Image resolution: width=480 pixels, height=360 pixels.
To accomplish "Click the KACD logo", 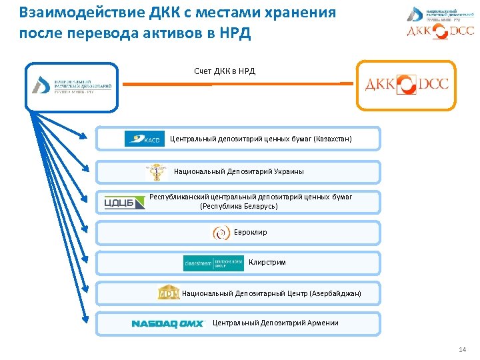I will [144, 139].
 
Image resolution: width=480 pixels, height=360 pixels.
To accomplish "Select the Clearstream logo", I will [213, 263].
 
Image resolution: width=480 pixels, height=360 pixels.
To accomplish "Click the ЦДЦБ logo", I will [125, 202].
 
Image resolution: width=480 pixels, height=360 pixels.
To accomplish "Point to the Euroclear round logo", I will [221, 233].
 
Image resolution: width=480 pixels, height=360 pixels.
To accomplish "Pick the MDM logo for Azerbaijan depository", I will [168, 293].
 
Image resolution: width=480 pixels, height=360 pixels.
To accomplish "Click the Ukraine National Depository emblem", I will [157, 172].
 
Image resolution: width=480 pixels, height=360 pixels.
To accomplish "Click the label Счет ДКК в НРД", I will [225, 71].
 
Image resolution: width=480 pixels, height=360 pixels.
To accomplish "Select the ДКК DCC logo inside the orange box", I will [406, 85].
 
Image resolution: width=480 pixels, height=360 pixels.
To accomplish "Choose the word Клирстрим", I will [267, 263].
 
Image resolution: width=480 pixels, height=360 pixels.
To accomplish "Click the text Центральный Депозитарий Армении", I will [275, 323].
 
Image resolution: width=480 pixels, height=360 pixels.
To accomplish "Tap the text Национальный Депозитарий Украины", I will [239, 172].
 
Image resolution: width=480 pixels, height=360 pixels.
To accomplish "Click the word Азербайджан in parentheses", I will [336, 293].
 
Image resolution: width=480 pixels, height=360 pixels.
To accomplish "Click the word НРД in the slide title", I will [236, 33].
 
